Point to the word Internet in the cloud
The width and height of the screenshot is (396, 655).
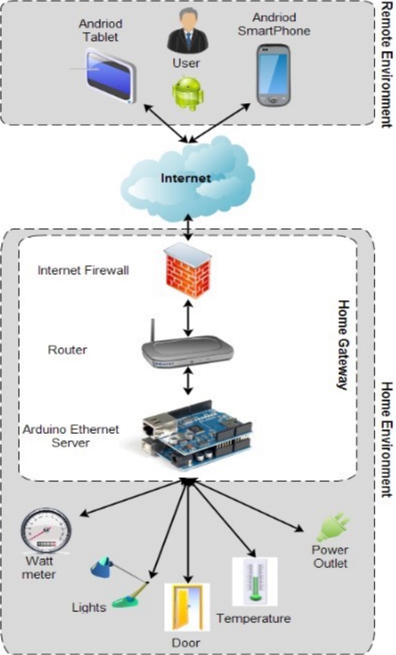tap(186, 177)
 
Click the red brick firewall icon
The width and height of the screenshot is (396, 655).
tap(187, 270)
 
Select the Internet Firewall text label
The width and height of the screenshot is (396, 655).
tap(83, 270)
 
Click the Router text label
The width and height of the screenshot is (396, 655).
tap(67, 350)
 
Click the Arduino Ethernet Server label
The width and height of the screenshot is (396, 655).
tap(70, 436)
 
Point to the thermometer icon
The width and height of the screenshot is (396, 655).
tap(255, 581)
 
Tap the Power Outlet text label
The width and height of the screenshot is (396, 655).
tap(330, 557)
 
